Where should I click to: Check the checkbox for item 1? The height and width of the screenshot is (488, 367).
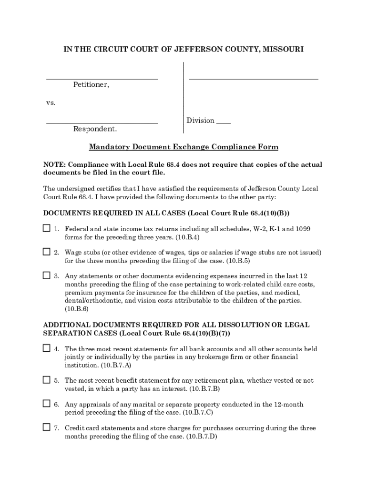pos(46,228)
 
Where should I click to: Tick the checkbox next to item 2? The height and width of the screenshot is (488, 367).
pos(46,252)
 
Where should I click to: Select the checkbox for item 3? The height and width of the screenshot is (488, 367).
pos(46,275)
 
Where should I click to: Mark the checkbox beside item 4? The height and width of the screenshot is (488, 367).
pos(46,348)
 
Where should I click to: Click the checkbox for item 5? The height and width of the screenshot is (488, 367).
pos(46,380)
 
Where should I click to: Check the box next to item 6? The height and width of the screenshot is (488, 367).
pos(46,404)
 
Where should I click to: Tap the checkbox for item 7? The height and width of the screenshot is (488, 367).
pos(46,427)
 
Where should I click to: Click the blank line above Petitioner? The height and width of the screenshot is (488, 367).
pos(102,78)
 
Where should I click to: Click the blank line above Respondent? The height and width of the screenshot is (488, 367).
pos(102,123)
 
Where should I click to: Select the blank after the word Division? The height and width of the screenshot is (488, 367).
pos(224,122)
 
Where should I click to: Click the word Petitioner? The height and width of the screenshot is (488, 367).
pos(91,85)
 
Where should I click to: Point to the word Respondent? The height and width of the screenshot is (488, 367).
pos(95,129)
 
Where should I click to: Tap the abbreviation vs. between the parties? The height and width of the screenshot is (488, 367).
pos(51,102)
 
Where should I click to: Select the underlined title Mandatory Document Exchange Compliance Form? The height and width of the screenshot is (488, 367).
pos(183,147)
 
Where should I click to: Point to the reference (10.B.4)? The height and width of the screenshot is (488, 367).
pos(187,237)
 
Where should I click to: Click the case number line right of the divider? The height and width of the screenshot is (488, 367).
pos(254,78)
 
